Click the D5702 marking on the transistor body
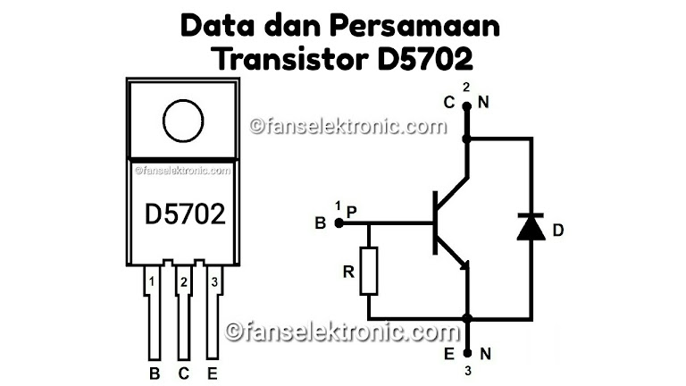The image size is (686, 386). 185,214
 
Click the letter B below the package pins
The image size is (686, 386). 154,370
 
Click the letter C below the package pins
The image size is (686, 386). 184,370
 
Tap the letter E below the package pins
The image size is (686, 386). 213,370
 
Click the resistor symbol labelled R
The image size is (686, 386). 370,270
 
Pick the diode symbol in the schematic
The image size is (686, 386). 531,228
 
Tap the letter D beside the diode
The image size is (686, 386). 558,231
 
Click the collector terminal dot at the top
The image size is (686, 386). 466,107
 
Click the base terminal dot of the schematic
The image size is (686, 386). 338,222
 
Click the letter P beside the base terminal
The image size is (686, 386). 352,211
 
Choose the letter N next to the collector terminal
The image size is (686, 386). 484,104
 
